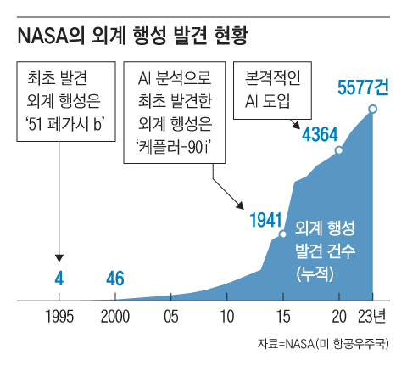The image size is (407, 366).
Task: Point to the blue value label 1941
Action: click(x=265, y=220)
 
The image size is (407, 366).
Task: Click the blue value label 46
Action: click(x=115, y=278)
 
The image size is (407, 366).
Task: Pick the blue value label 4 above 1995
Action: click(x=59, y=278)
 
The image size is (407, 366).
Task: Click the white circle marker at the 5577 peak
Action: click(x=373, y=109)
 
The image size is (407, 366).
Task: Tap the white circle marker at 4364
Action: click(x=339, y=150)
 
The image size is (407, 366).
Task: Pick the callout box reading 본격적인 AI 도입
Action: click(x=272, y=85)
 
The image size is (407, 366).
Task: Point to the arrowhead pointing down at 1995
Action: click(x=59, y=256)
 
